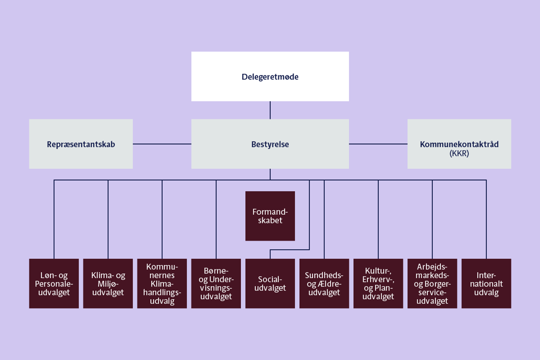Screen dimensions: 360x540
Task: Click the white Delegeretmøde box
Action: point(270,76)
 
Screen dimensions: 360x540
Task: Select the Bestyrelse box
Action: point(270,144)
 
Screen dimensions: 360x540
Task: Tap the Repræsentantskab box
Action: point(81,144)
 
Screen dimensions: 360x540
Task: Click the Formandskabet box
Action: point(270,216)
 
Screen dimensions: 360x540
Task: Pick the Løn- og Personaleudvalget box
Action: point(54,284)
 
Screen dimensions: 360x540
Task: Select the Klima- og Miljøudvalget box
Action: point(108,284)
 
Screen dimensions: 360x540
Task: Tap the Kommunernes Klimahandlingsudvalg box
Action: point(162,284)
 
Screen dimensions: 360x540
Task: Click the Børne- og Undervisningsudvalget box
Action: point(216,284)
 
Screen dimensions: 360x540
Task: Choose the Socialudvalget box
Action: point(270,284)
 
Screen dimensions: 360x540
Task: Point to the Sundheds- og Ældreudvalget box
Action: point(324,284)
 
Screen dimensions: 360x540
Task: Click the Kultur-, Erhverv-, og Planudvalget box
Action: point(378,284)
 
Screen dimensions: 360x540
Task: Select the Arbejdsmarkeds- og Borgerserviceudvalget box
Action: point(432,284)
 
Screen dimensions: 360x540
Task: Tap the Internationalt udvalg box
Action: point(486,284)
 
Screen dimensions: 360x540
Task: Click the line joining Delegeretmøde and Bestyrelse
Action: point(270,110)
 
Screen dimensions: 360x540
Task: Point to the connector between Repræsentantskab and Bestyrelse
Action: point(162,144)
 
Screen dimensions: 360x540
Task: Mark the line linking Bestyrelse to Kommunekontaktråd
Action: point(378,144)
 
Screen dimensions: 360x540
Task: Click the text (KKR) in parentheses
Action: point(459,154)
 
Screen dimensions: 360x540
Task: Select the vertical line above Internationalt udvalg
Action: point(486,220)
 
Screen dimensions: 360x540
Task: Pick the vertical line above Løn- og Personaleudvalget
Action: point(54,220)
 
